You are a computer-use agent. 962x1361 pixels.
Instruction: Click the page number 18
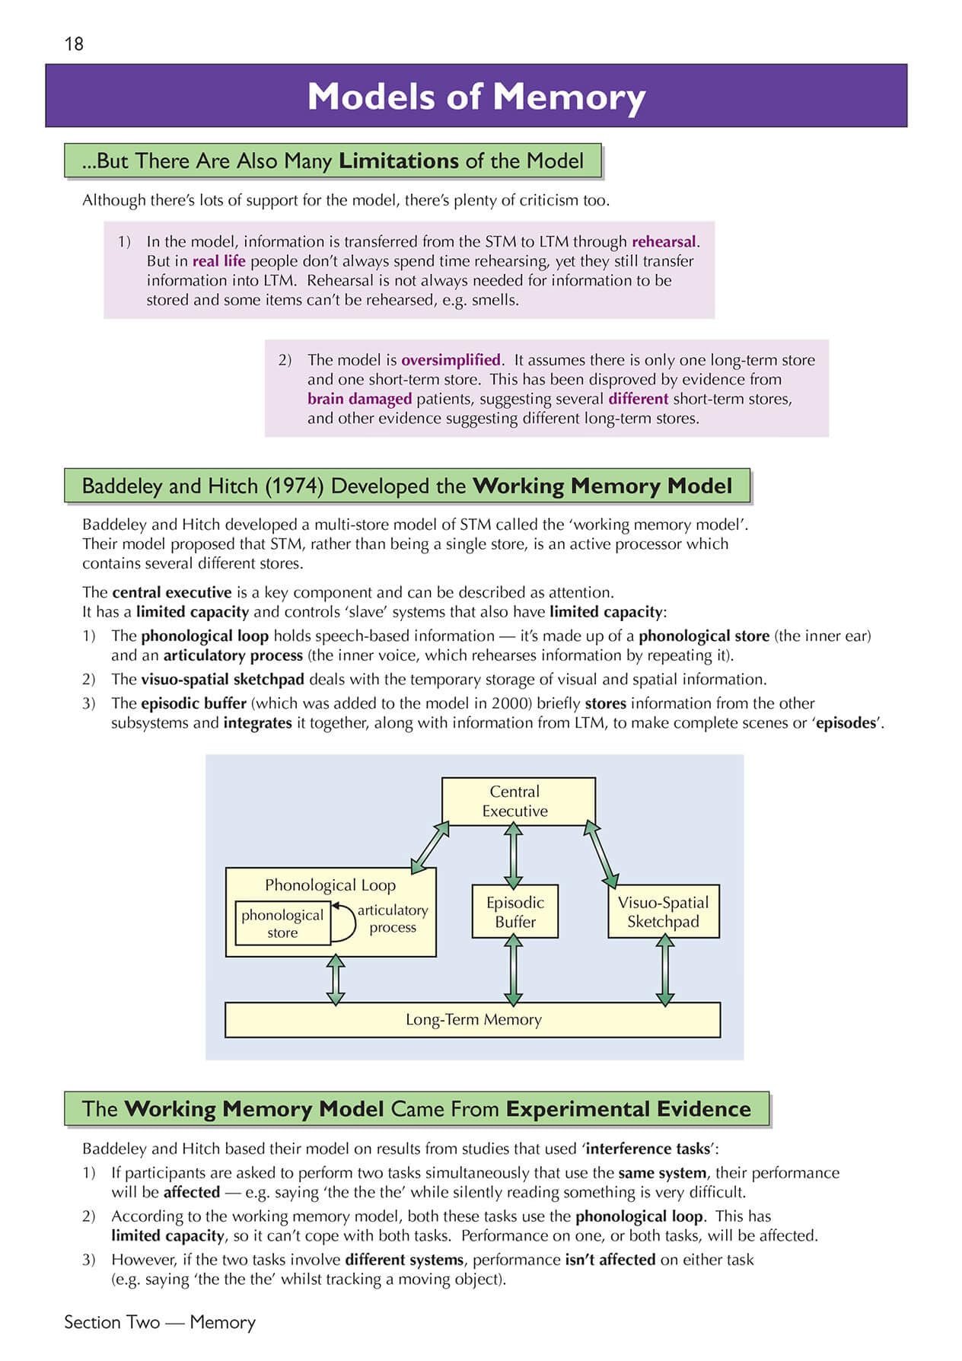pyautogui.click(x=74, y=44)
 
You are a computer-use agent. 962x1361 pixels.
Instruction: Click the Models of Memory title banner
pyautogui.click(x=476, y=96)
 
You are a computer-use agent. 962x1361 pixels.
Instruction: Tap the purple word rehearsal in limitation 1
pyautogui.click(x=664, y=242)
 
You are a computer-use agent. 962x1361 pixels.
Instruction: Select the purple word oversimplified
pyautogui.click(x=451, y=360)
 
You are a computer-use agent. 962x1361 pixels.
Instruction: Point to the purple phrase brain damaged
pyautogui.click(x=359, y=399)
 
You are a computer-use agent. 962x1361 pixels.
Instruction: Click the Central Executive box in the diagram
pyautogui.click(x=518, y=801)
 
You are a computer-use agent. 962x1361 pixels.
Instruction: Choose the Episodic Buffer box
pyautogui.click(x=515, y=911)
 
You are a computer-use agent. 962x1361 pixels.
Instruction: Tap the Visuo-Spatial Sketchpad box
pyautogui.click(x=663, y=911)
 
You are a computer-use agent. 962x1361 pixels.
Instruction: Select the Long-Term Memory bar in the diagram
pyautogui.click(x=473, y=1020)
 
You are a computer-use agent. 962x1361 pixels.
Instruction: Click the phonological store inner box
pyautogui.click(x=282, y=923)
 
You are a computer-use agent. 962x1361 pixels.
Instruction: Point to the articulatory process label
pyautogui.click(x=393, y=919)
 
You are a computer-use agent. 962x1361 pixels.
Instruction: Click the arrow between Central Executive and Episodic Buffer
pyautogui.click(x=514, y=855)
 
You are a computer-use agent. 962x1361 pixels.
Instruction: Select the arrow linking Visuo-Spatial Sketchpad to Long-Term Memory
pyautogui.click(x=665, y=971)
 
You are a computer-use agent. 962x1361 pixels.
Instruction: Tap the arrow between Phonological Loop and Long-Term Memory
pyautogui.click(x=336, y=980)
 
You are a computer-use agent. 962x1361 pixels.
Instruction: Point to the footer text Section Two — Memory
pyautogui.click(x=160, y=1322)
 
